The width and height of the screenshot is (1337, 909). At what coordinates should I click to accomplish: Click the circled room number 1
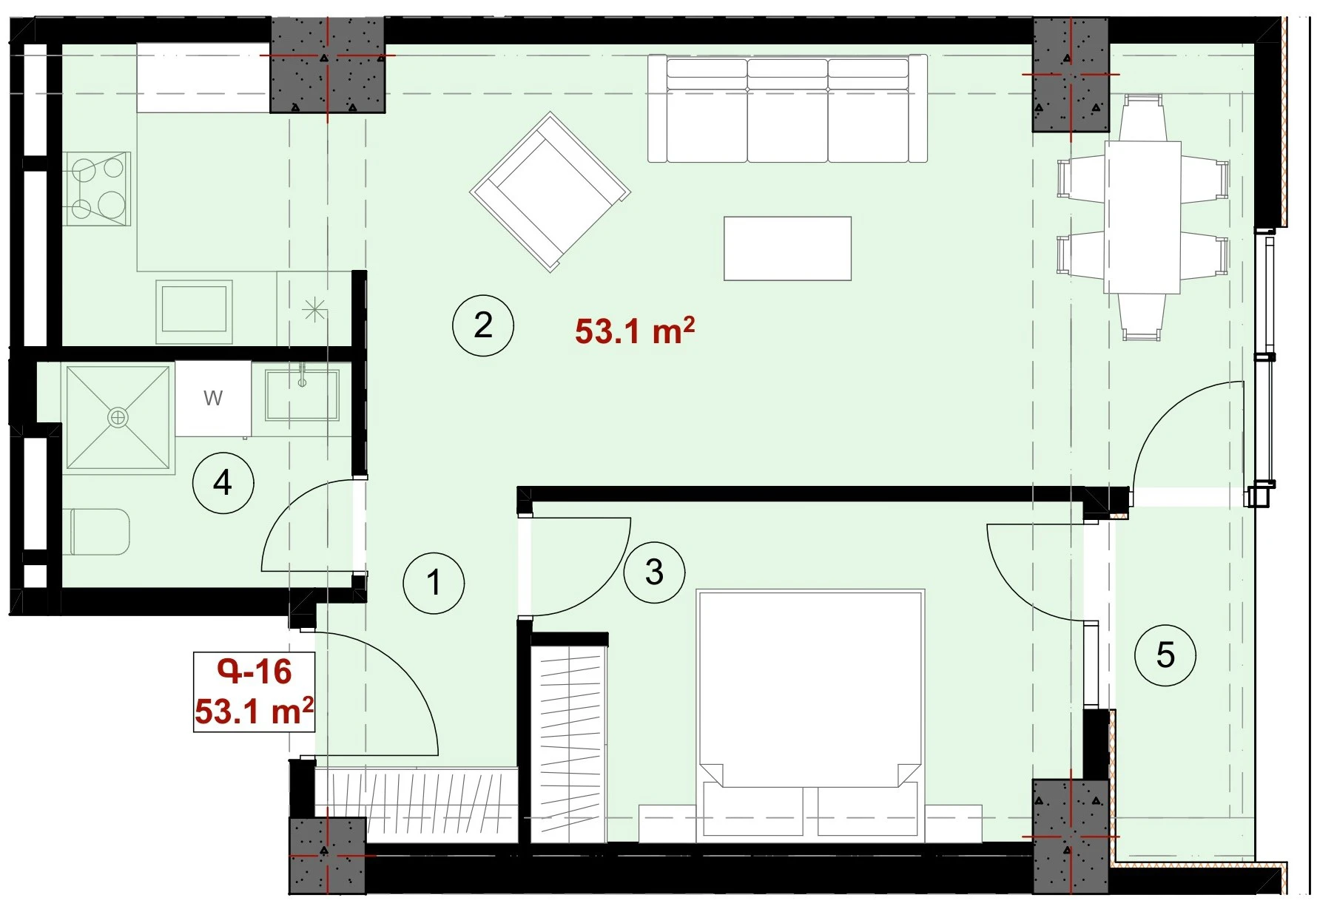434,583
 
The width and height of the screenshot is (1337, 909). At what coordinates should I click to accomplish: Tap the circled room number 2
483,325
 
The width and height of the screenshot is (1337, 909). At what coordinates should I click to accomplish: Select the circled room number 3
654,572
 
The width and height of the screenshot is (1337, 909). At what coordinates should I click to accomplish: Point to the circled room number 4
223,483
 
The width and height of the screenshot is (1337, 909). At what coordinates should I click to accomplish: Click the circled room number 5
1165,655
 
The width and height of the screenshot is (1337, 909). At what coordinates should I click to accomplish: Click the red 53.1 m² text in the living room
635,331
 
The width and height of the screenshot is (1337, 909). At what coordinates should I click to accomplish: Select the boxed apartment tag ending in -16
254,692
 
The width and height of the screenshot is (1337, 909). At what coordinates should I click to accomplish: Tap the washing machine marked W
213,399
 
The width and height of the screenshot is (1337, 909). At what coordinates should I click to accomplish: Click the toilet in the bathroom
100,531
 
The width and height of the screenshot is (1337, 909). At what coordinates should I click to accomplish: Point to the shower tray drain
118,418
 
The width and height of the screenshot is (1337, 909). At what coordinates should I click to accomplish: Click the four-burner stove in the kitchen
97,189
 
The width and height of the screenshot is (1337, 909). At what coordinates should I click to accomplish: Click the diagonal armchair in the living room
550,192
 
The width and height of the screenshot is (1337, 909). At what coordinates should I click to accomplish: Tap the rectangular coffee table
787,249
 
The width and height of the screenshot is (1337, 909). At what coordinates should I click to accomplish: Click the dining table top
1142,217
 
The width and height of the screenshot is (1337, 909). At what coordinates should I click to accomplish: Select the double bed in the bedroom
811,715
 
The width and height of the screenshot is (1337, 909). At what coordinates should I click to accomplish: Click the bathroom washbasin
302,394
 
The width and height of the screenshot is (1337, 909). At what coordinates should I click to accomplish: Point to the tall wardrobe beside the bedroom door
570,740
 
